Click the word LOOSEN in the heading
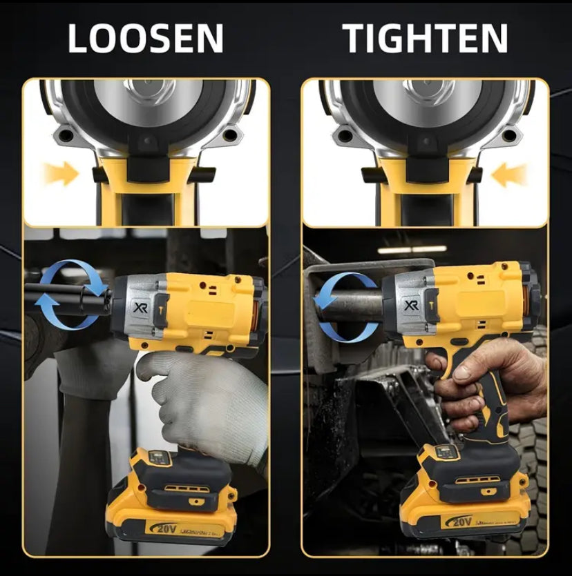pos(146,39)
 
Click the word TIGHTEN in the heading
pos(426,39)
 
